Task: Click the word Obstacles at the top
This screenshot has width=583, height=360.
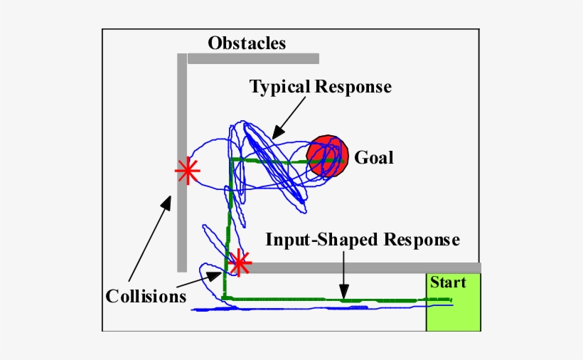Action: pyautogui.click(x=247, y=43)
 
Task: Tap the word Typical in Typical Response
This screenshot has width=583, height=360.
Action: pyautogui.click(x=279, y=87)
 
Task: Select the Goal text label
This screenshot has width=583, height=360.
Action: pyautogui.click(x=374, y=157)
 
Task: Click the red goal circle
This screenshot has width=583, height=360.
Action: pyautogui.click(x=326, y=156)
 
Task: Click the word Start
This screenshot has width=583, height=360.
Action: pyautogui.click(x=448, y=282)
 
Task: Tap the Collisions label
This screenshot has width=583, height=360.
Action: pyautogui.click(x=146, y=295)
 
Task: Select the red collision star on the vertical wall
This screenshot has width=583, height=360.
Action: pyautogui.click(x=187, y=170)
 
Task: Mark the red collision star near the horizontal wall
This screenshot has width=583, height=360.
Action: pyautogui.click(x=240, y=263)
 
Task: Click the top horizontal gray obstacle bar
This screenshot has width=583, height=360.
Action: pyautogui.click(x=253, y=58)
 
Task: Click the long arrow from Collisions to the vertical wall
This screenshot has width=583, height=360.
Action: pyautogui.click(x=149, y=242)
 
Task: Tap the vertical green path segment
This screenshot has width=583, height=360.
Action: pyautogui.click(x=230, y=213)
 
